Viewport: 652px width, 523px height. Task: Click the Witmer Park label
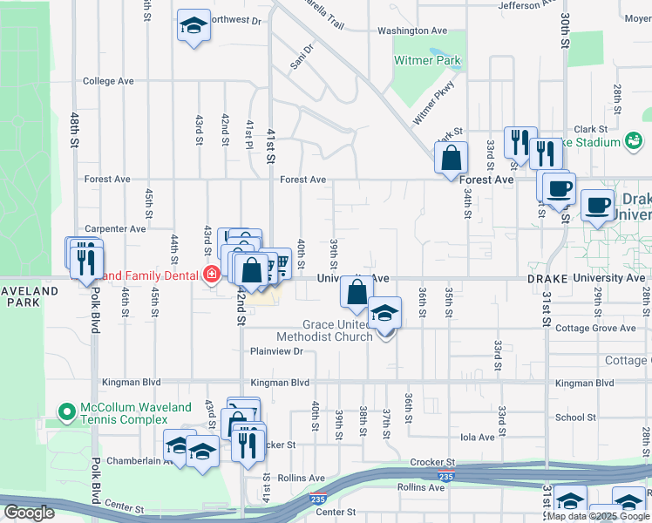[427, 60]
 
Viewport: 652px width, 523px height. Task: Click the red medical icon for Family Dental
[210, 275]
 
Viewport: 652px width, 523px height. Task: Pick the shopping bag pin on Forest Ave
[452, 160]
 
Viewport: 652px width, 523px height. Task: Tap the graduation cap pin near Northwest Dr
[194, 26]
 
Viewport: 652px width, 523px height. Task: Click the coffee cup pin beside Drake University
[597, 206]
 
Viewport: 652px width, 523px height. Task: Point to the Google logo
[29, 512]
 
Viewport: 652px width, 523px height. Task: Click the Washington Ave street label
[412, 31]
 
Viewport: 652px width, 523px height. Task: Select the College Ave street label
[108, 81]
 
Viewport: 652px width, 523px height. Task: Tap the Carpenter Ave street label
[115, 228]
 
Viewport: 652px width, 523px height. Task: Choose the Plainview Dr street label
[275, 351]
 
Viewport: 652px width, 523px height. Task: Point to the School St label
[575, 418]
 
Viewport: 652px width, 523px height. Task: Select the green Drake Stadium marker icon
[633, 140]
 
